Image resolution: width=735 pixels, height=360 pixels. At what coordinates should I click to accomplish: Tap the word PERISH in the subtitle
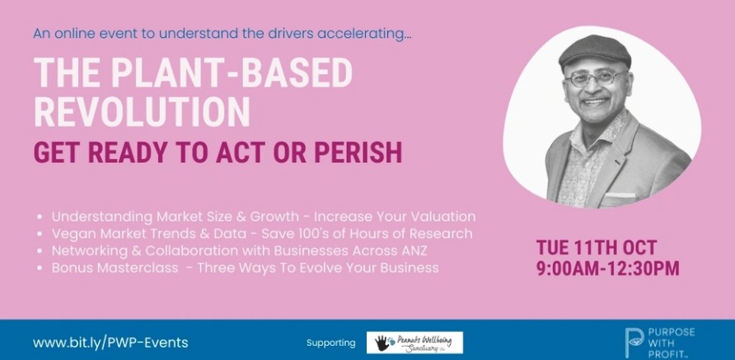click(x=358, y=152)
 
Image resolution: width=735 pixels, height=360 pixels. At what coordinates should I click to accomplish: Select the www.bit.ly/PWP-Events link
click(x=110, y=342)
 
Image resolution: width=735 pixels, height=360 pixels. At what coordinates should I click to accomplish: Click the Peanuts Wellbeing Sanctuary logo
click(x=414, y=343)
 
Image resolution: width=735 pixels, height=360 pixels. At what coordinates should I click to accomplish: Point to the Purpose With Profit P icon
click(x=634, y=344)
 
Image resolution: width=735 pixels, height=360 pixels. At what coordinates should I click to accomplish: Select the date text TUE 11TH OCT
click(x=597, y=247)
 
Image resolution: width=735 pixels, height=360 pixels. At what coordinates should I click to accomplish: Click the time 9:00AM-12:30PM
click(x=608, y=269)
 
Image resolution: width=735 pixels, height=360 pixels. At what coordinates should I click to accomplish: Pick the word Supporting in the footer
click(x=331, y=343)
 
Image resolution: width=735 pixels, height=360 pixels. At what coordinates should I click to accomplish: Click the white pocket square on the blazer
click(x=621, y=195)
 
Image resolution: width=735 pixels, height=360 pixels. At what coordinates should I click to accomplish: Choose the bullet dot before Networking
click(x=40, y=251)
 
